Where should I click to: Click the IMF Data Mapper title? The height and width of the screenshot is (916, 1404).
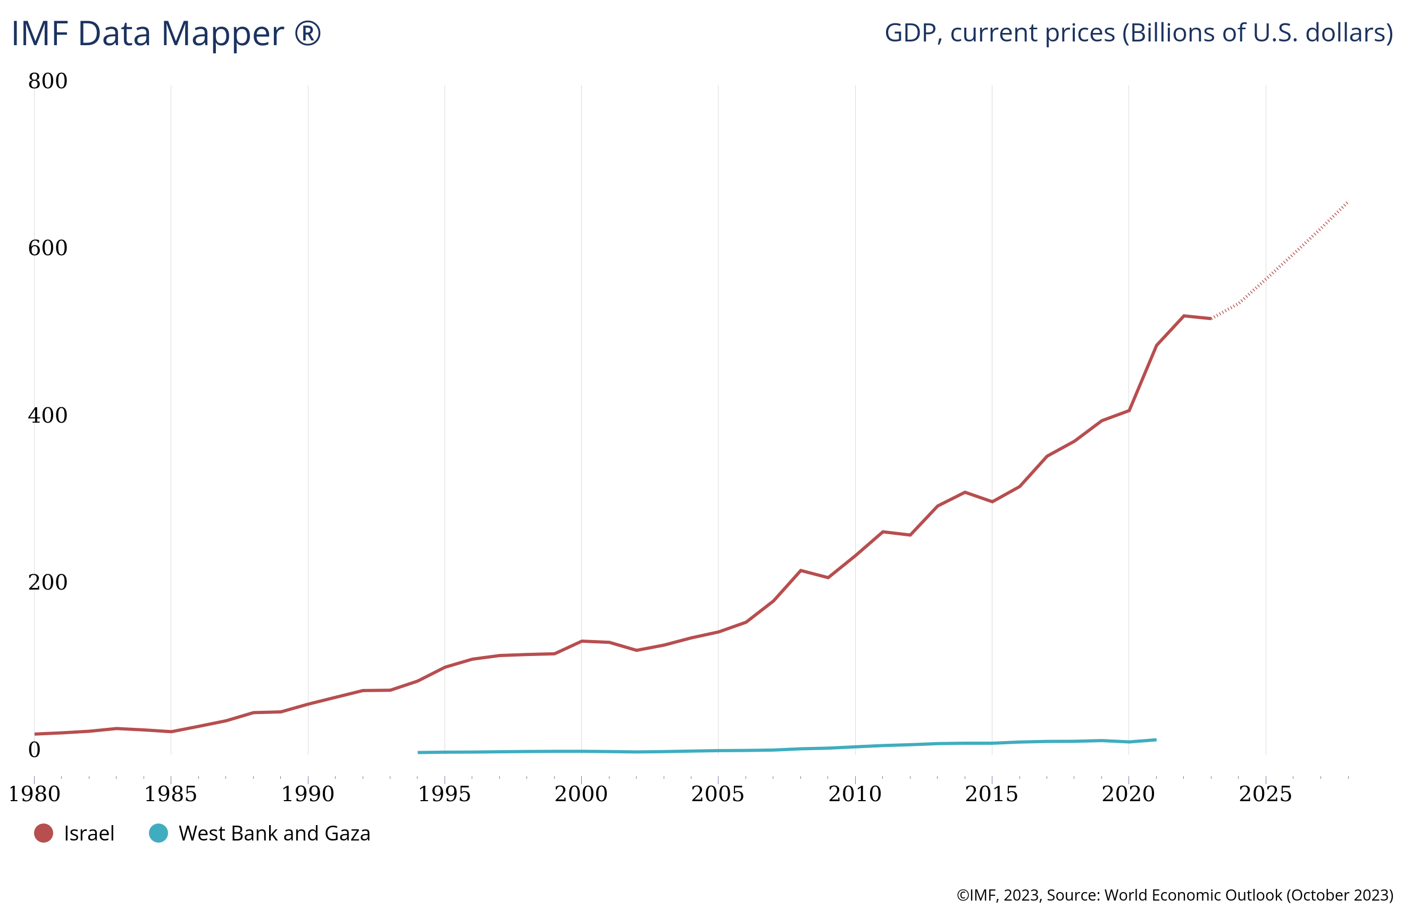166,33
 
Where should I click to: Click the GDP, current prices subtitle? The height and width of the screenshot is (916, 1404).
1138,33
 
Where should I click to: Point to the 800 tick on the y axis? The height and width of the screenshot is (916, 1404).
48,81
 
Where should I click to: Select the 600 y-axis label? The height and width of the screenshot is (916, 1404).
48,248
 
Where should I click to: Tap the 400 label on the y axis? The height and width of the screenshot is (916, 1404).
48,415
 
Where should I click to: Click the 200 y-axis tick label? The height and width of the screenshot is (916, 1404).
48,582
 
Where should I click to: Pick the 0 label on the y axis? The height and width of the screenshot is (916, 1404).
35,750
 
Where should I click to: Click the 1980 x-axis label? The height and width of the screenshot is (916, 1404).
34,794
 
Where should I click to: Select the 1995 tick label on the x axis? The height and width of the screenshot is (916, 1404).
444,794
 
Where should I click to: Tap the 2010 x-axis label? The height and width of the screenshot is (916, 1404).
855,794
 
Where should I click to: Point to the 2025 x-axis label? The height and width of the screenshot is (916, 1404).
1265,794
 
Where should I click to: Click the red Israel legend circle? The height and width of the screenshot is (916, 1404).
44,834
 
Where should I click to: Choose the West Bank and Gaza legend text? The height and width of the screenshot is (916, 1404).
274,834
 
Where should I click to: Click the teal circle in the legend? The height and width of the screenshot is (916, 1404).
158,834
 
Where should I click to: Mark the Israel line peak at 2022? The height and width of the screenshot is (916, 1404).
1183,316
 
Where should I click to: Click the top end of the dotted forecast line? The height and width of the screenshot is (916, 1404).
1348,203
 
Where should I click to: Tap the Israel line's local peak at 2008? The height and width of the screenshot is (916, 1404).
800,570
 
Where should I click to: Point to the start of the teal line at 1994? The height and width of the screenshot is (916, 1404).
418,753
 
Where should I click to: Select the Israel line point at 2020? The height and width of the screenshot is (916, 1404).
1129,410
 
